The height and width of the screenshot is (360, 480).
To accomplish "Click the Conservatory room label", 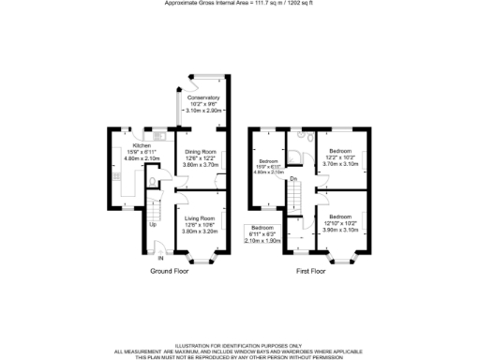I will tap(203, 98).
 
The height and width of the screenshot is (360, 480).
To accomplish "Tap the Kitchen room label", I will tap(141, 146).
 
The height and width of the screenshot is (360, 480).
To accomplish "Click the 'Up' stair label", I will tap(152, 225).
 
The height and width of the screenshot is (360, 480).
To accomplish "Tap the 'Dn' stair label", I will tap(293, 178).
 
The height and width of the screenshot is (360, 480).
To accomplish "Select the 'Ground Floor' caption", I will tap(172, 271).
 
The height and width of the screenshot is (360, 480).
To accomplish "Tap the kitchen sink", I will tap(155, 140).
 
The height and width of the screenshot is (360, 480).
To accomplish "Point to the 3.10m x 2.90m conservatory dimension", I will tap(203, 111).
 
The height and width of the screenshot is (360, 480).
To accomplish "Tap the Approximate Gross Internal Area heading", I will tap(239, 4).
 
